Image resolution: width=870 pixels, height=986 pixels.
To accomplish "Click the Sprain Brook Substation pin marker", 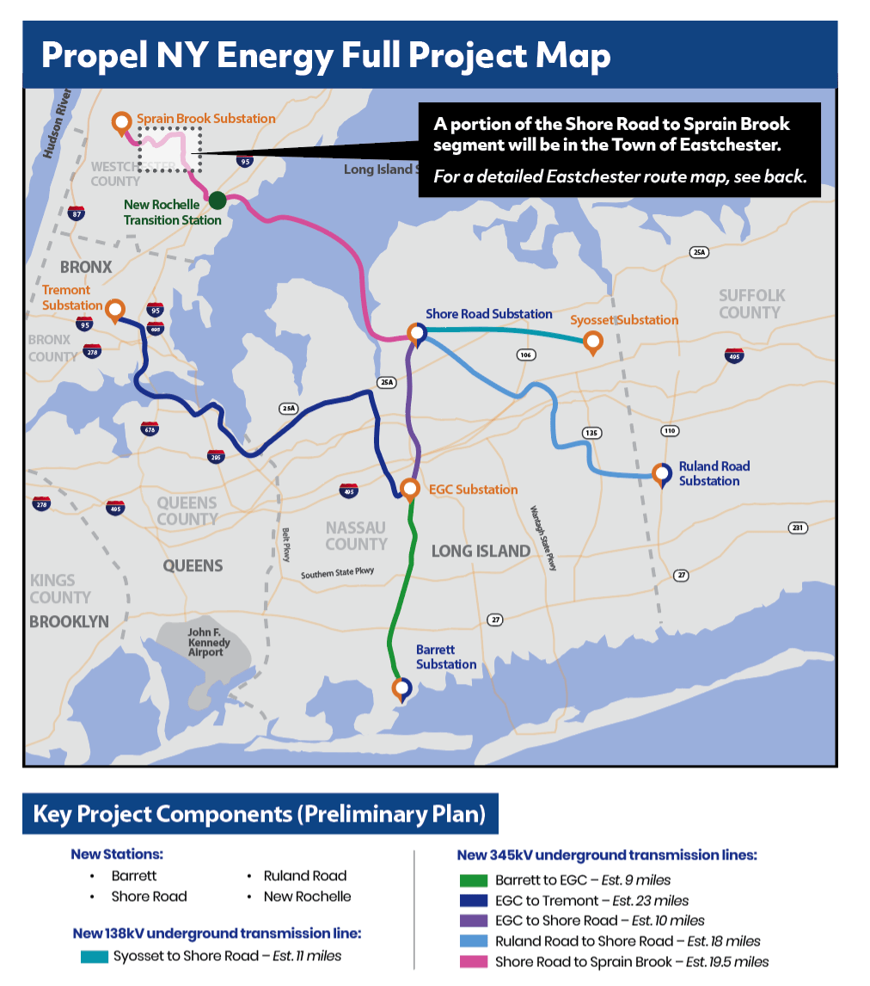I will pos(121,123).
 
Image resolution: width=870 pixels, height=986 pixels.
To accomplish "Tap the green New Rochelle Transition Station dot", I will pos(217,200).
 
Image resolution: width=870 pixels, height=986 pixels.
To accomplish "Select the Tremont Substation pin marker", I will pos(115,310).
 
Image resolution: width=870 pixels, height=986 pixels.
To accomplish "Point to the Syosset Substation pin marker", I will pos(592,342).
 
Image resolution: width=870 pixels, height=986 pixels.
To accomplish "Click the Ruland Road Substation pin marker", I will pos(661,474).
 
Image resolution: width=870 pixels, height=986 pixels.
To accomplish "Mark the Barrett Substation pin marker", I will pos(401,688).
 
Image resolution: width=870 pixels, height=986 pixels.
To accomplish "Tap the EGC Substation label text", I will pos(474,490).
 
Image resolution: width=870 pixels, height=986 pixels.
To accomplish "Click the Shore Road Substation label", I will pos(488,314).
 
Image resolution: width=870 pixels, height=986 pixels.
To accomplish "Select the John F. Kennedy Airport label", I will pos(209,642).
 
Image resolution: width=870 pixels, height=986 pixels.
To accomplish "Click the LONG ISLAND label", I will pos(481,551).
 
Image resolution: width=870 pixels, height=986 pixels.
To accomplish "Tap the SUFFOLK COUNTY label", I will pos(751,304).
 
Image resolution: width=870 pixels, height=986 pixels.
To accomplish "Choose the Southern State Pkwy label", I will pos(338,574).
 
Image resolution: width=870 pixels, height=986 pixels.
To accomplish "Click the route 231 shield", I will pos(797,527).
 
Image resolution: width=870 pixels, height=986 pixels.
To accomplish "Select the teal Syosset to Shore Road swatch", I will pos(94,956).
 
